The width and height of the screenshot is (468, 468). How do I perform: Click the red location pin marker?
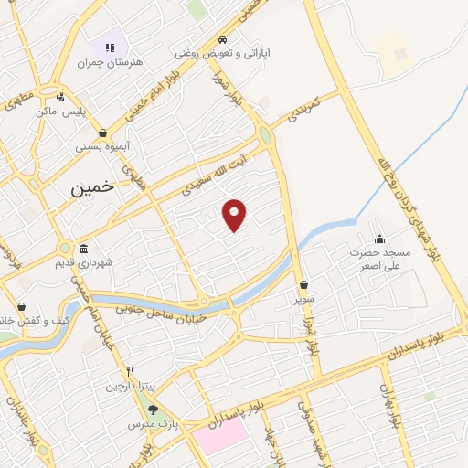pyautogui.click(x=236, y=214)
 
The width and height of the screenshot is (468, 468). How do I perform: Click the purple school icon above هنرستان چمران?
pyautogui.click(x=110, y=48)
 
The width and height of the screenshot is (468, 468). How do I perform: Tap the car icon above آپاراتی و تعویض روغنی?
pyautogui.click(x=222, y=40)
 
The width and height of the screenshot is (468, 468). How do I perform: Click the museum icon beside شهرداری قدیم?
pyautogui.click(x=84, y=250)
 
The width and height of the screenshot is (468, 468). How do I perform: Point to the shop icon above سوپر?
pyautogui.click(x=303, y=283)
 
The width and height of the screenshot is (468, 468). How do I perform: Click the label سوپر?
pyautogui.click(x=303, y=298)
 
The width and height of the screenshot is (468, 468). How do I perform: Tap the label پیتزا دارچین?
pyautogui.click(x=123, y=386)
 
